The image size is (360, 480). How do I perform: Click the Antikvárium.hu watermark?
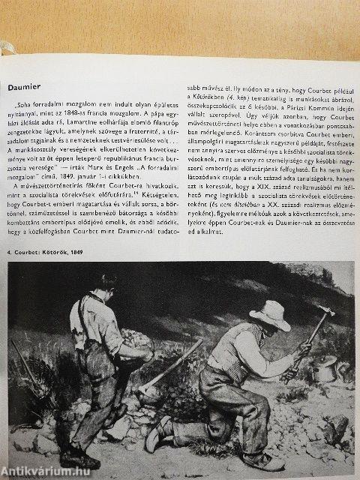pos(44,470)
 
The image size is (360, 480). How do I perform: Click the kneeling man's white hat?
pos(269,314)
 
